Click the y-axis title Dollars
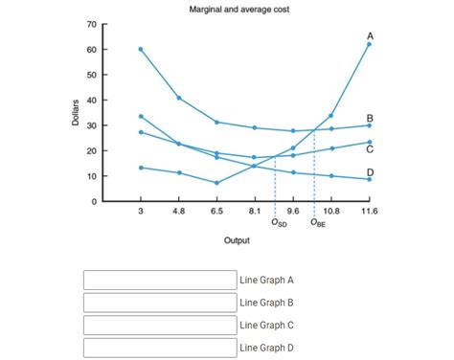[x=75, y=113]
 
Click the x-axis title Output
[x=237, y=240]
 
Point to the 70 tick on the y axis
[x=91, y=24]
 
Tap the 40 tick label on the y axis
[x=91, y=101]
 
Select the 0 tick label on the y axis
[x=94, y=202]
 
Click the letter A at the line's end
[x=369, y=35]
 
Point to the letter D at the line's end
[x=369, y=172]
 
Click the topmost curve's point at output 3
[x=141, y=49]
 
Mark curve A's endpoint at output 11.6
[x=369, y=44]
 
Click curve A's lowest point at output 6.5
[x=216, y=183]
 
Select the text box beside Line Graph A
[x=160, y=281]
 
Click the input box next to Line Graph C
[x=160, y=325]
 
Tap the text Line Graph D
[x=266, y=348]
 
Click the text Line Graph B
[x=266, y=303]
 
